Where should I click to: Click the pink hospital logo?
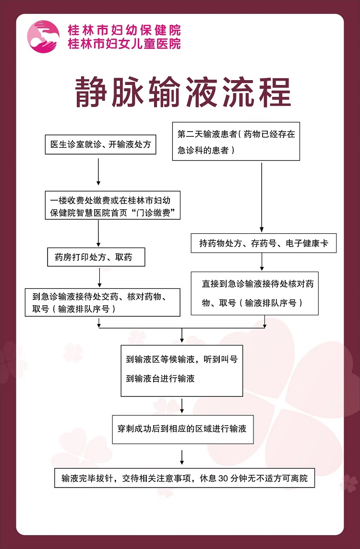coord(43,37)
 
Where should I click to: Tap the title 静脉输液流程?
coord(183,93)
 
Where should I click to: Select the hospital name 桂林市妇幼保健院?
coord(124,30)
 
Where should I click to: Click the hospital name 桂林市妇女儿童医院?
coord(124,43)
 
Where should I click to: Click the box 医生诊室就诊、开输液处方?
coord(100,144)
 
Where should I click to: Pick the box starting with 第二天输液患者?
coord(236,141)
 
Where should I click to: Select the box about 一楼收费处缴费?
coord(112,205)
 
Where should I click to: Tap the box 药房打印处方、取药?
coord(96,257)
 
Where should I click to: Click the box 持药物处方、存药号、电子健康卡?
coord(264,243)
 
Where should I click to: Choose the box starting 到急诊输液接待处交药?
coord(103,302)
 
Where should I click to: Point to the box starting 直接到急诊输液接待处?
coord(254,293)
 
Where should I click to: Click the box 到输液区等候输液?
coord(182,371)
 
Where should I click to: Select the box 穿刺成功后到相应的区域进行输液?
coord(183,429)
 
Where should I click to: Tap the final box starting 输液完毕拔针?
coord(184,477)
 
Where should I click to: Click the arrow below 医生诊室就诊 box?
coord(98,172)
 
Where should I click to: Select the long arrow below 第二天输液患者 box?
coord(262,197)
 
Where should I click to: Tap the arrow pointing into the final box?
coord(182,457)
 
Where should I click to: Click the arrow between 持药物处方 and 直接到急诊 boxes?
coord(262,262)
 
